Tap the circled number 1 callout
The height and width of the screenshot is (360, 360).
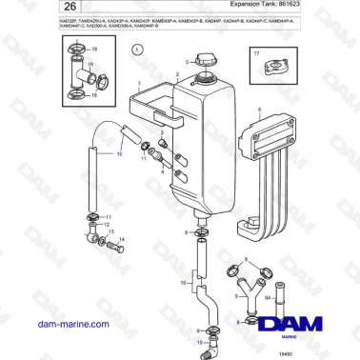137,48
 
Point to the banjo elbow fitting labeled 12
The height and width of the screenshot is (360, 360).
90,230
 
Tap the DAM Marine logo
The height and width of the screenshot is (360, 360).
296,326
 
